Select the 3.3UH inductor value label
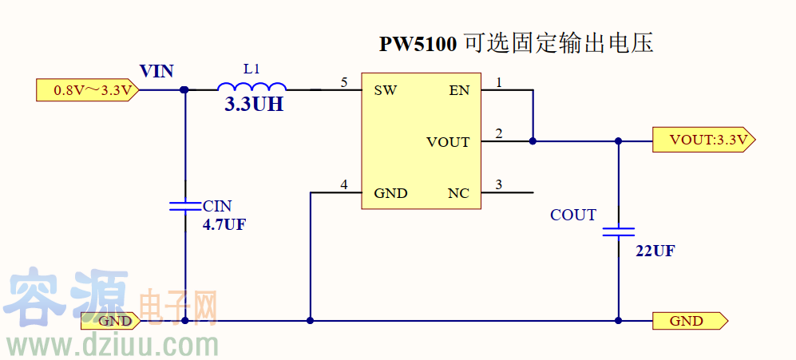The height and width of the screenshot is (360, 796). pos(254,105)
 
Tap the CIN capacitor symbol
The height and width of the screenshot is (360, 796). pos(185,205)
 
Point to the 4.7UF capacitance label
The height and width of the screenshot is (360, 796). pos(224,225)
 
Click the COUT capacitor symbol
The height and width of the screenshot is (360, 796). pos(619,231)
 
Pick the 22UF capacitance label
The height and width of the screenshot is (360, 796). pos(655,251)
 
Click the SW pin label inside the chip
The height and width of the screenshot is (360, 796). pos(386,90)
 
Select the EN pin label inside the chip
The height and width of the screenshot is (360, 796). pos(459,90)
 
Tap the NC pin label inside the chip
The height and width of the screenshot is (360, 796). pos(458,193)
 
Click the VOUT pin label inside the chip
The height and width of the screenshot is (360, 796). pos(448,142)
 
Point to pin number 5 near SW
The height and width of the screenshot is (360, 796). pos(344,82)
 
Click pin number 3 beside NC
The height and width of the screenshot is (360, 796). pos(499,185)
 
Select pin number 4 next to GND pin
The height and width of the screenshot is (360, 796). pos(344,185)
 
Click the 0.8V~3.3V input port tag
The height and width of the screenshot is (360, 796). pos(89,90)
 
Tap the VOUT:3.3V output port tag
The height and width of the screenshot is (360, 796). pos(703,140)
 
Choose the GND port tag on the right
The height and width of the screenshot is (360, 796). pos(689,321)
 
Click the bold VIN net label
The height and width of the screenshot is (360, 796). pos(156,71)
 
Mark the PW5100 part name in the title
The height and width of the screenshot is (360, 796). pos(418,45)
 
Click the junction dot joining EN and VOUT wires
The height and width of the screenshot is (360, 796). pos(533,141)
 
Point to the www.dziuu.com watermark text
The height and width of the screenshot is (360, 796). pos(112,346)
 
